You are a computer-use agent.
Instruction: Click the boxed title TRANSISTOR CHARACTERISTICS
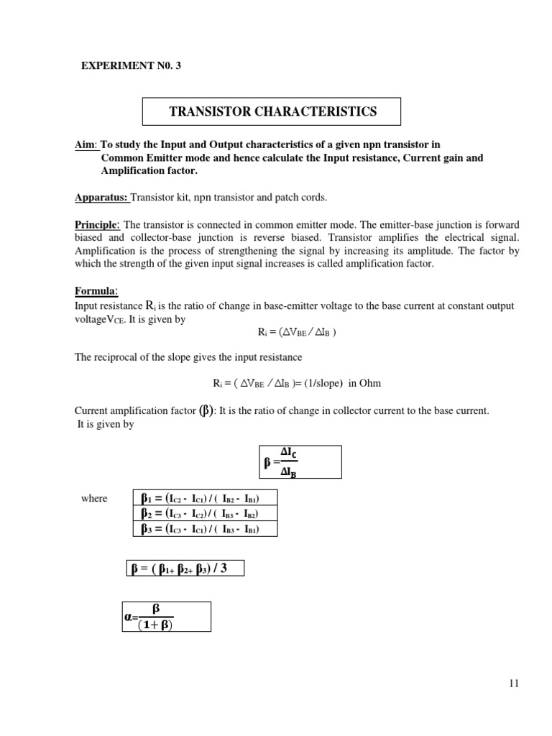click(x=272, y=111)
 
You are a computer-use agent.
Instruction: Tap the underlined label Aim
click(x=85, y=144)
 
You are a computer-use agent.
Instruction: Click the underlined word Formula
click(x=96, y=291)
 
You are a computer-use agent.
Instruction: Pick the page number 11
click(x=512, y=684)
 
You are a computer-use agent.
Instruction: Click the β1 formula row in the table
click(x=205, y=499)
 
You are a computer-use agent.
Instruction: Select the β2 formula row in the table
click(x=205, y=514)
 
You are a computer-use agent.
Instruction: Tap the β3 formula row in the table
click(x=205, y=529)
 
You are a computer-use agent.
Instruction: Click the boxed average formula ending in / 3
click(x=185, y=569)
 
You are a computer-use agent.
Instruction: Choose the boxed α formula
click(x=165, y=617)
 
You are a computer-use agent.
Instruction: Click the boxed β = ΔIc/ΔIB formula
click(x=300, y=461)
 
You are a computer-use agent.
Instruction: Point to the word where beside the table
click(x=94, y=499)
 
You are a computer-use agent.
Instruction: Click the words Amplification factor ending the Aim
click(x=149, y=171)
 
